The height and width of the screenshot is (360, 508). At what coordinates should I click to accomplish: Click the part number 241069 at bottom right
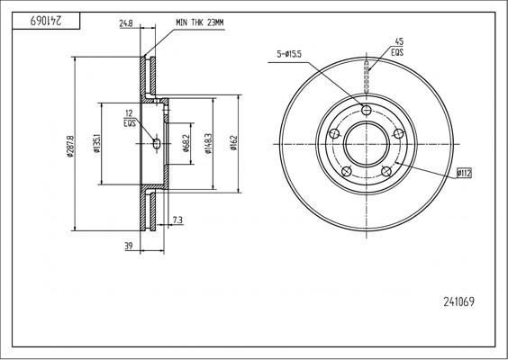pyautogui.click(x=458, y=302)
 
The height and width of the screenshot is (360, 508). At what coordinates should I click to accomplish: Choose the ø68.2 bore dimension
pyautogui.click(x=186, y=144)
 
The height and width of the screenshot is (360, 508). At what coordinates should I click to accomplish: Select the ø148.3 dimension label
pyautogui.click(x=209, y=144)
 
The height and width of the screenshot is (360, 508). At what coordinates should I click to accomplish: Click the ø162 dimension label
pyautogui.click(x=233, y=145)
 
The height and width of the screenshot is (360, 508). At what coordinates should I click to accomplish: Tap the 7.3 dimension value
pyautogui.click(x=177, y=220)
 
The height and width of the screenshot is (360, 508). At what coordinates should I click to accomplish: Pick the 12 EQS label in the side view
pyautogui.click(x=130, y=117)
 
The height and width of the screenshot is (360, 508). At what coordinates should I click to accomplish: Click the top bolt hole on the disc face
pyautogui.click(x=367, y=110)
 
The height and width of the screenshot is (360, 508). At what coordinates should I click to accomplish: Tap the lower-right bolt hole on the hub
pyautogui.click(x=386, y=170)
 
